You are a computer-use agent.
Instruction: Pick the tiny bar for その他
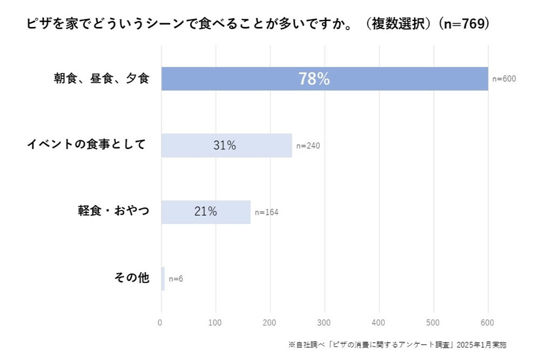pos(163,279)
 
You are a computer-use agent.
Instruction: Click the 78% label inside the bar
pos(314,79)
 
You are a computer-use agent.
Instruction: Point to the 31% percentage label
pos(224,145)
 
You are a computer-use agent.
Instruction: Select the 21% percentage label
pos(205,212)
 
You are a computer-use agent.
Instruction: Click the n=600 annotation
pos(504,79)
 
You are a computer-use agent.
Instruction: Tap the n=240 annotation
pos(308,145)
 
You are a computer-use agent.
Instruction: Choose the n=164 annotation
pos(267,212)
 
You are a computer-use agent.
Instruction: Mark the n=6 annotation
pos(176,279)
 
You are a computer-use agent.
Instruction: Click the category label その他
pos(132,278)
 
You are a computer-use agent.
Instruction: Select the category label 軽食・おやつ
pos(113,211)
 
